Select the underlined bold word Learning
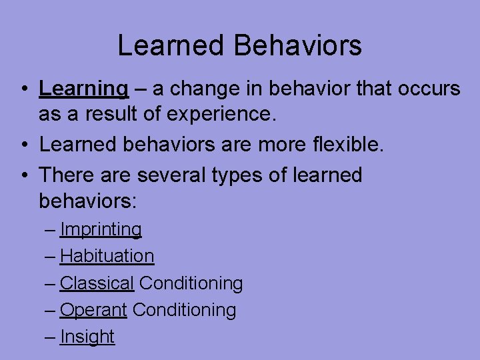(83, 88)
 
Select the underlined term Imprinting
(101, 229)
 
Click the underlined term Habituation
(107, 256)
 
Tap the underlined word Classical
(97, 283)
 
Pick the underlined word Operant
(93, 310)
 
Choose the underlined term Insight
(87, 337)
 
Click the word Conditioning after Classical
(191, 283)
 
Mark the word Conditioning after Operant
(184, 310)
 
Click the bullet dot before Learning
(23, 89)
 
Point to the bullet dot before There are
(23, 176)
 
